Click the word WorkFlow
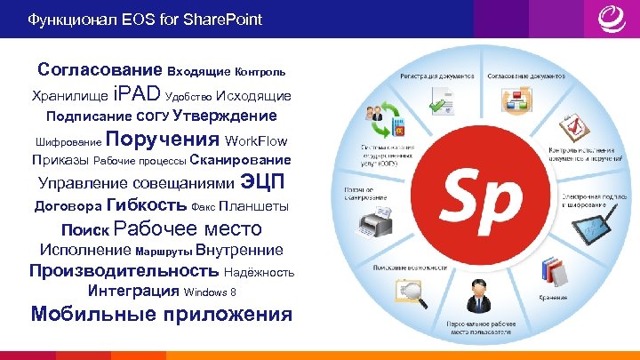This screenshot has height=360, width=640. tap(257, 141)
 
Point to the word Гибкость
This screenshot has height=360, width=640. tap(146, 205)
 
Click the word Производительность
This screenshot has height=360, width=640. tap(124, 270)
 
